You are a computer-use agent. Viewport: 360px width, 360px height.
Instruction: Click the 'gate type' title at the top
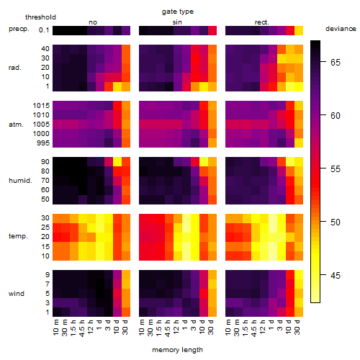[x=178, y=12]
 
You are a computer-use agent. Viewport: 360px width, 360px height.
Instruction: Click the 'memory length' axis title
[x=177, y=350]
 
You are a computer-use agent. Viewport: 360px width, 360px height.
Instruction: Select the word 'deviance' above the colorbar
[x=341, y=29]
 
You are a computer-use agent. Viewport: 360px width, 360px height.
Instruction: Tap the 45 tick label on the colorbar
[x=336, y=276]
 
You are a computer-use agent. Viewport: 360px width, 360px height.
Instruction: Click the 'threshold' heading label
[x=40, y=17]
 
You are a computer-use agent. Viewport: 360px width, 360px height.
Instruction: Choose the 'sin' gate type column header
[x=177, y=22]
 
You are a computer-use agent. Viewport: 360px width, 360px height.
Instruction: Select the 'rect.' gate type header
[x=261, y=22]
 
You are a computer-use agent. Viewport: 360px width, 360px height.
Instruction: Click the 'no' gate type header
[x=93, y=22]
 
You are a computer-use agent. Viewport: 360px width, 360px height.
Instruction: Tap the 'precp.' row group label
[x=19, y=29]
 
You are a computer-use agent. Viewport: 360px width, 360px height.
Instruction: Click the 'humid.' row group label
[x=20, y=180]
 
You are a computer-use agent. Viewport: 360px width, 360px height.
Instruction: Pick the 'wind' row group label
[x=17, y=294]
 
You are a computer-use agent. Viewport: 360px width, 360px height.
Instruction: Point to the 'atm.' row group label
[x=16, y=125]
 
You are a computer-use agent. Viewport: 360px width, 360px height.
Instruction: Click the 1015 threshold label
[x=41, y=106]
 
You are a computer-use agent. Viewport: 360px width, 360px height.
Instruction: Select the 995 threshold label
[x=43, y=143]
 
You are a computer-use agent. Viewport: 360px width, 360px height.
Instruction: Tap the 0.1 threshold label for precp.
[x=44, y=30]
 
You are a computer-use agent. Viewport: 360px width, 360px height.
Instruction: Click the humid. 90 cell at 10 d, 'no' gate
[x=117, y=162]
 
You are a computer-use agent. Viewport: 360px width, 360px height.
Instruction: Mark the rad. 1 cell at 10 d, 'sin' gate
[x=204, y=86]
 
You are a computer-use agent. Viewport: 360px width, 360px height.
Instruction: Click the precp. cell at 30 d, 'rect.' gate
[x=299, y=30]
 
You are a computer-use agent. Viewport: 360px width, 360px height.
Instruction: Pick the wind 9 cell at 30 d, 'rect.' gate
[x=299, y=275]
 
